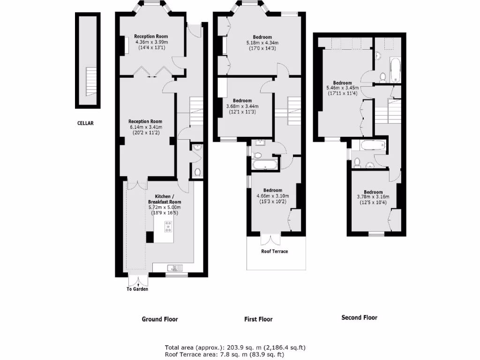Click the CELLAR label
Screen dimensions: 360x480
coord(86,124)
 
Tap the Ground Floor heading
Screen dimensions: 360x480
coord(160,319)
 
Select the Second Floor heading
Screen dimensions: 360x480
coord(359,317)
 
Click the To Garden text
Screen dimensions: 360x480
coord(137,289)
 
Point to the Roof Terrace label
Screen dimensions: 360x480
coord(275,251)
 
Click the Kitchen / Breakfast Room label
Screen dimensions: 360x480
coord(165,199)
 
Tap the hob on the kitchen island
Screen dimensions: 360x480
coord(168,228)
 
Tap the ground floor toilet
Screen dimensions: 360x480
coord(197,172)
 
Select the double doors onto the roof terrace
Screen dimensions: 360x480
coord(270,239)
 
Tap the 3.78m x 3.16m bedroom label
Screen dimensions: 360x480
coord(373,197)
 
